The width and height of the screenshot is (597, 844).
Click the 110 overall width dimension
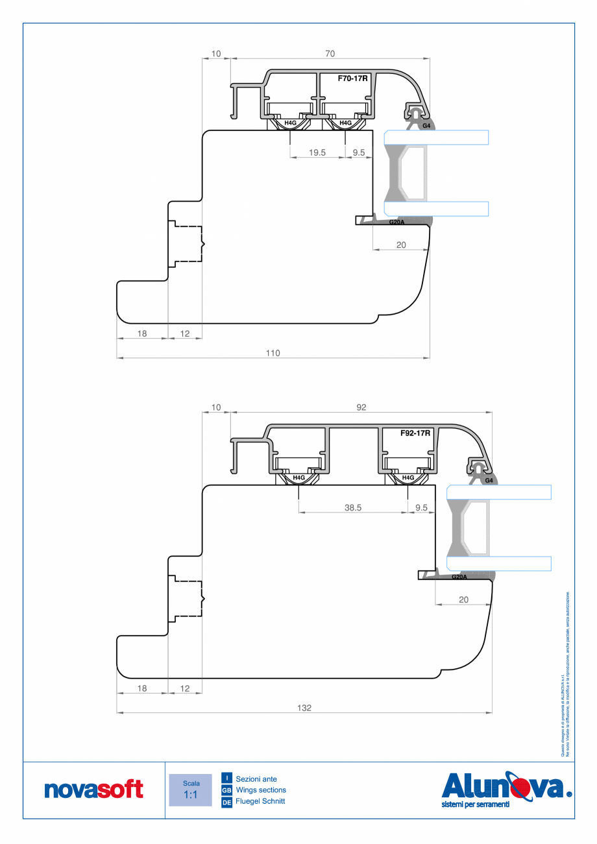[x=273, y=353]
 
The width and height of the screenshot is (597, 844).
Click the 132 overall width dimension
[x=304, y=708]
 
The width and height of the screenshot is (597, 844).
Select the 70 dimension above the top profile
[x=330, y=53]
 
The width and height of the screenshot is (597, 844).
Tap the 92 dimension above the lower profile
[x=361, y=407]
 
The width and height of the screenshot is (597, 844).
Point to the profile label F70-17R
[x=353, y=78]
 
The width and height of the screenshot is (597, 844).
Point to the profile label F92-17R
[x=415, y=433]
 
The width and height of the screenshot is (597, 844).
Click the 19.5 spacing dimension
[x=317, y=153]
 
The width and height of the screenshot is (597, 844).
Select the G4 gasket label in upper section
[x=426, y=125]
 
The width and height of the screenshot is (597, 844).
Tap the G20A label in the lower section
[x=458, y=577]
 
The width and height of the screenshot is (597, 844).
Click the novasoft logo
[x=93, y=790]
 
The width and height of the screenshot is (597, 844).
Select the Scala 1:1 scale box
[x=190, y=790]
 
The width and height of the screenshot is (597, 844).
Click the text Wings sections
[x=261, y=790]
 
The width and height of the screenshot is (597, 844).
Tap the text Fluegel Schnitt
[x=260, y=802]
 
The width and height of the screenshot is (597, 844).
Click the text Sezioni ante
[x=256, y=778]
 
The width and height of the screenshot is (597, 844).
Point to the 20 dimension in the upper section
[x=401, y=245]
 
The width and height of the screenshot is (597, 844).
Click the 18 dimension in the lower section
[x=142, y=688]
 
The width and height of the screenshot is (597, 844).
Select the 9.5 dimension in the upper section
[x=359, y=153]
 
